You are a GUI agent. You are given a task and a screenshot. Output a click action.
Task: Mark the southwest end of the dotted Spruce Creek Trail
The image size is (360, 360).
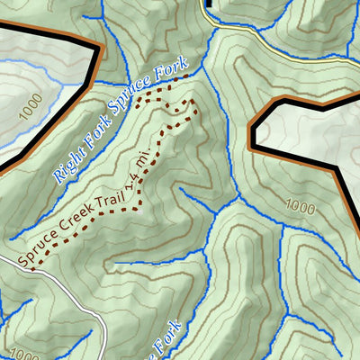[x=31, y=267]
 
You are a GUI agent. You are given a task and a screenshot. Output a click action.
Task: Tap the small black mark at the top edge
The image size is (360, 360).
[x=208, y=3]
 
